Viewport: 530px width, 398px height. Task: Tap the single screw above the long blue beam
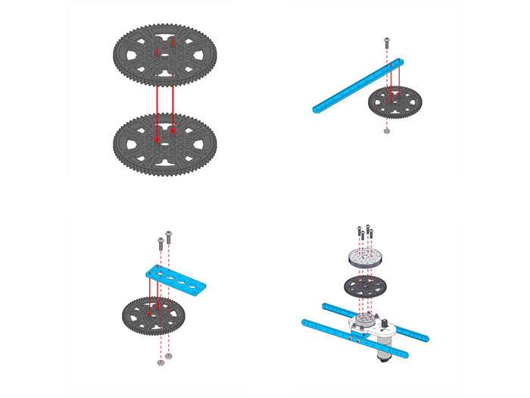[x=387, y=40]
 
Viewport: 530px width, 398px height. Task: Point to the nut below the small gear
[x=387, y=130]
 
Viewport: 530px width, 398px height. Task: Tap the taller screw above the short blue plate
[x=168, y=235]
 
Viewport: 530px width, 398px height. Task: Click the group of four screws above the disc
[x=363, y=230]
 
